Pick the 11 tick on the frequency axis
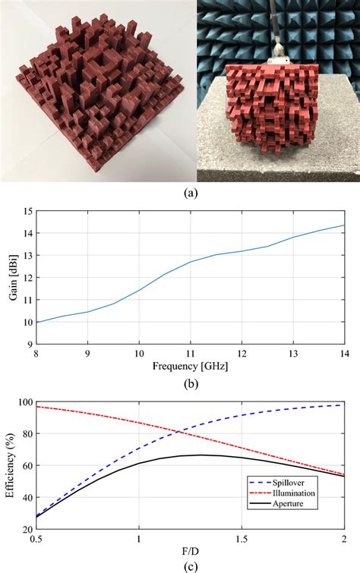(190, 352)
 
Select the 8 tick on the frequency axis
(36, 352)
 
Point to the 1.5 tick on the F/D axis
(241, 539)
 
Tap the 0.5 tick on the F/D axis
(36, 539)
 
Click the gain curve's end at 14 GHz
(343, 225)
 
